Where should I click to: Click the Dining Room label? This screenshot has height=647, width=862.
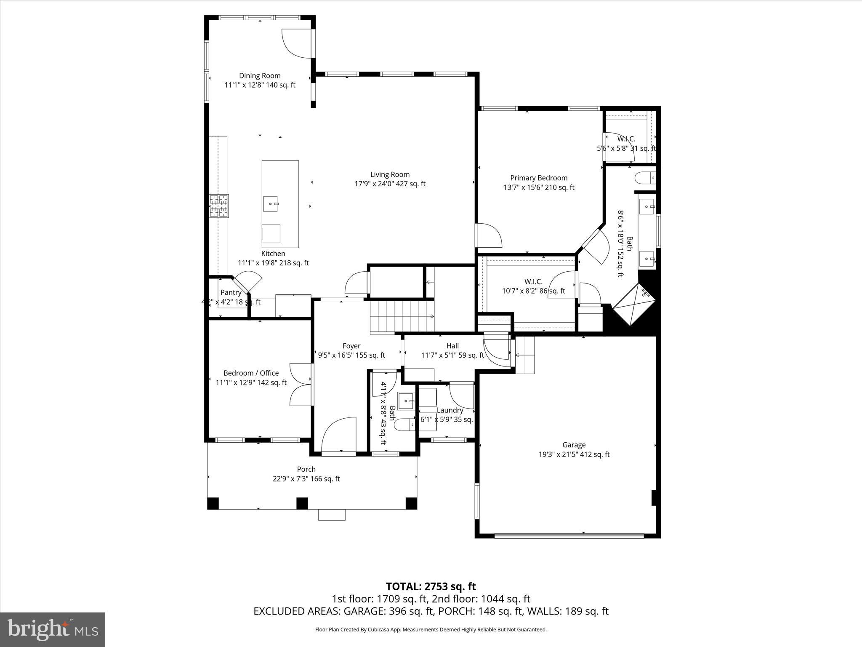260,76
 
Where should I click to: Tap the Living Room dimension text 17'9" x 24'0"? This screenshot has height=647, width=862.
390,184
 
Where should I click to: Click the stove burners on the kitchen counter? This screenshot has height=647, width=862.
219,206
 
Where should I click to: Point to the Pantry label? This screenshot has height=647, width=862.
231,292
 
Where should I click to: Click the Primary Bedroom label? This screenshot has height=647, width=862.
539,178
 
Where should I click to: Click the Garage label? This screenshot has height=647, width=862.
574,445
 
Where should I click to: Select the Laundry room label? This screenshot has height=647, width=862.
450,410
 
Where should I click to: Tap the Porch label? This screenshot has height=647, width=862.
306,469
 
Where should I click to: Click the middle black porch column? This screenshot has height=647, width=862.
302,503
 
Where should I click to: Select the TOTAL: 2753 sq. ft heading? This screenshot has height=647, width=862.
431,586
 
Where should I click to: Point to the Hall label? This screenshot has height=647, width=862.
452,346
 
